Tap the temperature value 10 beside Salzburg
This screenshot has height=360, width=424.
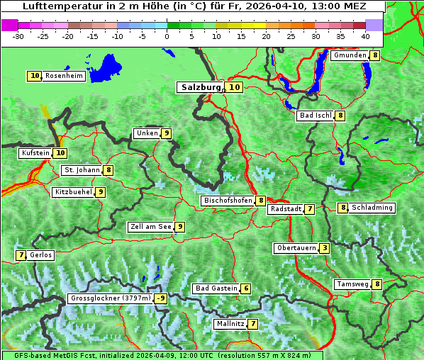(x=235, y=87)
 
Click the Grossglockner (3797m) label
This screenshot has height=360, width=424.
(x=111, y=298)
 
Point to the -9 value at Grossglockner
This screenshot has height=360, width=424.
(x=161, y=298)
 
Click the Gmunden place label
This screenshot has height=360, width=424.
(x=350, y=55)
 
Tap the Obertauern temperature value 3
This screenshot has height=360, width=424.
(x=324, y=248)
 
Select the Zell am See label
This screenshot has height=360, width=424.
(x=151, y=227)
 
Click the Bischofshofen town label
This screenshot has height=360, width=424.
(x=228, y=201)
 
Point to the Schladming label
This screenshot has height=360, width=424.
(x=372, y=208)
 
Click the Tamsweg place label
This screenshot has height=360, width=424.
(x=353, y=284)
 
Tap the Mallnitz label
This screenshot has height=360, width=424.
(x=230, y=324)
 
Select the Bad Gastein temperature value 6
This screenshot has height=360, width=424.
(x=245, y=288)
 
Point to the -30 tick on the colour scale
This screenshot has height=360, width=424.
(x=18, y=35)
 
